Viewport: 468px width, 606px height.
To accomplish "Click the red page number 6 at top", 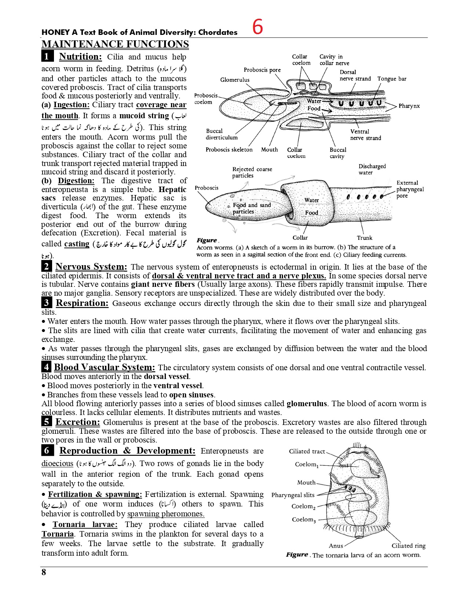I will (258, 27).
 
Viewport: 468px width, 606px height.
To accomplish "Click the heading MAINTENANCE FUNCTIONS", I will (115, 44).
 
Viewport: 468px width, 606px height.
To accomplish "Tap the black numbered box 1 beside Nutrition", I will (47, 57).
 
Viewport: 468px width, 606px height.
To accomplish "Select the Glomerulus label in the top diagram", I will (235, 80).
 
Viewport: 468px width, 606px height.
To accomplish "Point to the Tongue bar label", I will (392, 79).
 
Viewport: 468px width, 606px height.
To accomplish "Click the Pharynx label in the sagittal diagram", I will (409, 106).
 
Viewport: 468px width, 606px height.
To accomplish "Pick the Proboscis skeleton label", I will (229, 149).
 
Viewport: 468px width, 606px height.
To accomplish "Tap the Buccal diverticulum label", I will (221, 134).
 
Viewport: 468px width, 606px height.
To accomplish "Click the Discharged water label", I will (372, 169).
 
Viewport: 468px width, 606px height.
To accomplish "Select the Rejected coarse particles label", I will (252, 172).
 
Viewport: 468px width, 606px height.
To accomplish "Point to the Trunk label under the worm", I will (364, 238).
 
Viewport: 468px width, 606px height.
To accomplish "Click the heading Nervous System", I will (91, 267).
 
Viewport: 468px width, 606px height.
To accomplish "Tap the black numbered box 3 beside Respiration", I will (47, 303).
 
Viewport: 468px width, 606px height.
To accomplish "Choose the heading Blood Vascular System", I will (104, 367).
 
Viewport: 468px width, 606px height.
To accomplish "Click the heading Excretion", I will (77, 422).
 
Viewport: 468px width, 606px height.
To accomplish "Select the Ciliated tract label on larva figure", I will (307, 451).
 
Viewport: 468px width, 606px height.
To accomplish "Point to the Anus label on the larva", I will (336, 546).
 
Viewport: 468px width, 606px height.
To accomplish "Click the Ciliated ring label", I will (409, 546).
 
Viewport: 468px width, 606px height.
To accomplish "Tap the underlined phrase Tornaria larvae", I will (85, 524).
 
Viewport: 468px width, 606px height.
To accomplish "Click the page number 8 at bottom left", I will (44, 572).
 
